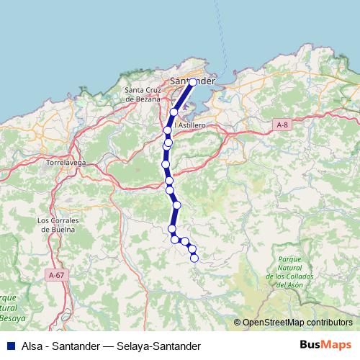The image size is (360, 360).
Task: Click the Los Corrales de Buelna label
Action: point(62,225)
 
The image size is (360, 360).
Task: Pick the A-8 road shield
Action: point(282,125)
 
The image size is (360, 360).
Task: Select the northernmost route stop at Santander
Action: point(193,82)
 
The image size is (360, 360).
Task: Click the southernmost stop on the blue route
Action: point(194,258)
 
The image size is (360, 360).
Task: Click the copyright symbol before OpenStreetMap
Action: point(238,323)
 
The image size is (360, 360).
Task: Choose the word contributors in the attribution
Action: point(328,323)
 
